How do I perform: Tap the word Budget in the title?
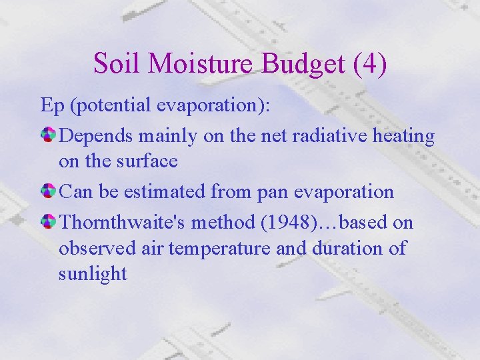(304, 64)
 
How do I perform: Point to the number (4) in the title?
(369, 64)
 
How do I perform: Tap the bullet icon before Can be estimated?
(49, 191)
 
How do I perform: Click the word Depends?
(96, 136)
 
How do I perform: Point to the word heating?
(404, 136)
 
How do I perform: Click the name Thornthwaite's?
(123, 223)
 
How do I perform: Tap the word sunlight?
(93, 273)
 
